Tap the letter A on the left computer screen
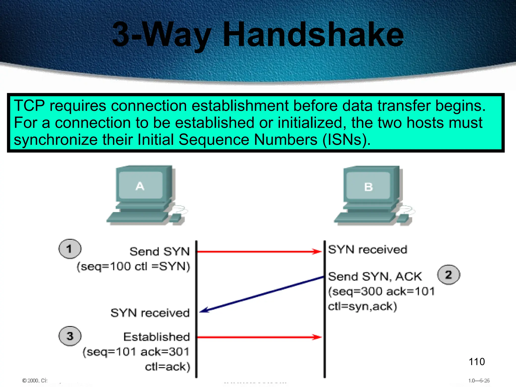click(140, 186)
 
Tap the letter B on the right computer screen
click(368, 187)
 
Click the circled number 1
click(70, 249)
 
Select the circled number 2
click(448, 275)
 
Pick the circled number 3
click(70, 336)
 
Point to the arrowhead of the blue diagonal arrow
click(204, 311)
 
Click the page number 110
click(476, 362)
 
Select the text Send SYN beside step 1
click(159, 251)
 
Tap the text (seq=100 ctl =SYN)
click(133, 266)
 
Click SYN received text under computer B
click(367, 249)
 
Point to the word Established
click(156, 337)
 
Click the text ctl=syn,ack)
click(362, 306)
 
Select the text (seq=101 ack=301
click(136, 352)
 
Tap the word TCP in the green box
click(29, 106)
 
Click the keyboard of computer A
click(137, 217)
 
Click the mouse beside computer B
click(404, 218)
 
